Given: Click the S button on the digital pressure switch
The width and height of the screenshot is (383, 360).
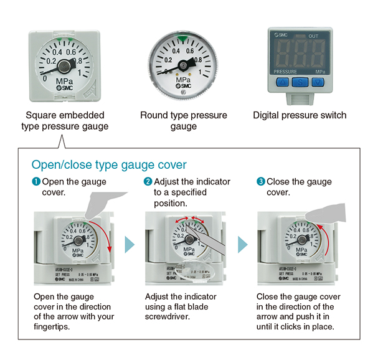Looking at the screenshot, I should click(300, 82).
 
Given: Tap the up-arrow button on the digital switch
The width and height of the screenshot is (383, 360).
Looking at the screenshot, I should click(281, 82).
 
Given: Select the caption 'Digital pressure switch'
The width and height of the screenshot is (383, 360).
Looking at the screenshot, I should click(300, 115).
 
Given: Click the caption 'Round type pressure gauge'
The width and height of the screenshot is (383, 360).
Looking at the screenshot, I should click(184, 121).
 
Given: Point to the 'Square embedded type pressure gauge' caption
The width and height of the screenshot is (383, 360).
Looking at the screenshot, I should click(65, 121).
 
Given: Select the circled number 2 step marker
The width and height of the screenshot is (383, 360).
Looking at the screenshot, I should click(148, 182).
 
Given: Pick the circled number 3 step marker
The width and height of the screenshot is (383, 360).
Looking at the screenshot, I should click(260, 182).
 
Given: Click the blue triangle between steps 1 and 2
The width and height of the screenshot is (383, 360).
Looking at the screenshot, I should click(128, 244).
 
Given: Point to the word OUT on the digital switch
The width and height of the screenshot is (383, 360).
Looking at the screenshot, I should click(313, 36).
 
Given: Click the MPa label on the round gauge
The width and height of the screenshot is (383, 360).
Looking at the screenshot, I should click(182, 80).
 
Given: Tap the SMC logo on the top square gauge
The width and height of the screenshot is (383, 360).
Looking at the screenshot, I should click(64, 88).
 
